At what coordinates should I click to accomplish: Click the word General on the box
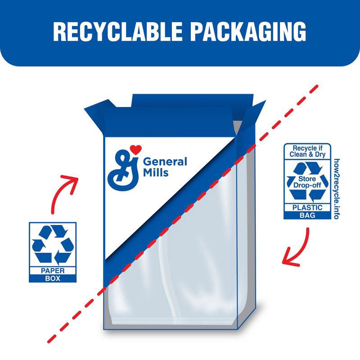165,162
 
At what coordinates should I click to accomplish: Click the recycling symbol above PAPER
52,245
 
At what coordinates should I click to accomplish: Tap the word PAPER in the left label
53,271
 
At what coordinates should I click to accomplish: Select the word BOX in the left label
53,279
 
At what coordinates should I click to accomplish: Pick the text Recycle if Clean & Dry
307,152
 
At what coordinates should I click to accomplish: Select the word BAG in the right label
307,215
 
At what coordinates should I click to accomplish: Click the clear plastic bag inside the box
180,270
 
